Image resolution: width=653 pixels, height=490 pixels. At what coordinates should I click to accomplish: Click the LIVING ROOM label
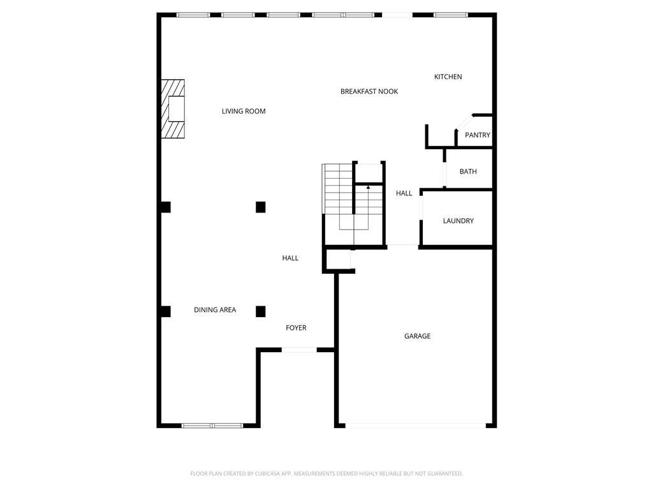[x=244, y=111]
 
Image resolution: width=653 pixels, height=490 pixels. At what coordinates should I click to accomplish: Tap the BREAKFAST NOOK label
[x=369, y=91]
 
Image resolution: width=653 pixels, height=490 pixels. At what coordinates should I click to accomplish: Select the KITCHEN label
[x=448, y=77]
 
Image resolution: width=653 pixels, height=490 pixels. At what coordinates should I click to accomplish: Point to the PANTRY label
[x=477, y=135]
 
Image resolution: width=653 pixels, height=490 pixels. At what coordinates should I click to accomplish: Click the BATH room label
[x=467, y=172]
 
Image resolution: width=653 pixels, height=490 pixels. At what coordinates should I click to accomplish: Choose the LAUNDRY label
[x=458, y=221]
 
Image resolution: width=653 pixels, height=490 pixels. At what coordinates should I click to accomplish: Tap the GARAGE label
[x=417, y=336]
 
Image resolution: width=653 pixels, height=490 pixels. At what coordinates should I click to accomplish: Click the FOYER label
[x=296, y=328]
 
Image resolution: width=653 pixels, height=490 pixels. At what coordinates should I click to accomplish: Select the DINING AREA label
[x=215, y=310]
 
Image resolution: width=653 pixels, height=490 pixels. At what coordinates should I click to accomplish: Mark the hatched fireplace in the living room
[x=172, y=109]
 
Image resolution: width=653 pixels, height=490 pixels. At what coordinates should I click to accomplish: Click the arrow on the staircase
[x=368, y=188]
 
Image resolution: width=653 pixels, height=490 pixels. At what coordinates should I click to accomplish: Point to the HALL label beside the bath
[x=404, y=193]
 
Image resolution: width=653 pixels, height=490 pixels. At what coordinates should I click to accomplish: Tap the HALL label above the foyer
[x=290, y=258]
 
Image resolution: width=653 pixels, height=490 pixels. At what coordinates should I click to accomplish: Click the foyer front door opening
[x=299, y=350]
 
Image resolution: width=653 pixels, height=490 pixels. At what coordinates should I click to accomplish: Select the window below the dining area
[x=212, y=426]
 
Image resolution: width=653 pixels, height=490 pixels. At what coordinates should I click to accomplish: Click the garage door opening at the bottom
[x=416, y=426]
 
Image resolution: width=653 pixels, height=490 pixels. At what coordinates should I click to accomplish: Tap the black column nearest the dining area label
[x=260, y=311]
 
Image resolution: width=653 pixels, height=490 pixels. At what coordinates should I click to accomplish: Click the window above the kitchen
[x=450, y=15]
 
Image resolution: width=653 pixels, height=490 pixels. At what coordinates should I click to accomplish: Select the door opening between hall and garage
[x=403, y=246]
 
